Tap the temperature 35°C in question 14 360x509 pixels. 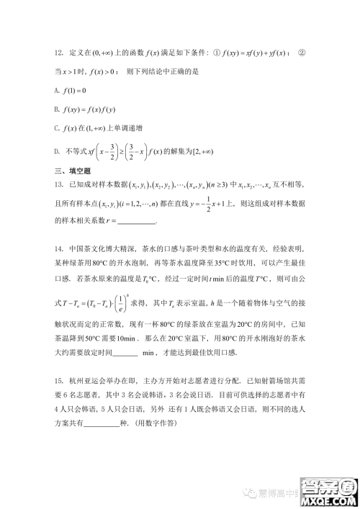(207, 276)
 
